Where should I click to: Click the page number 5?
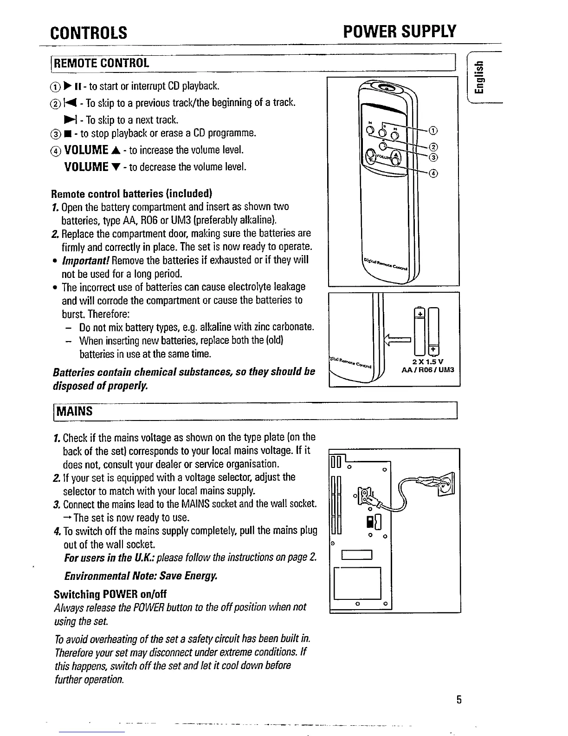coord(458,700)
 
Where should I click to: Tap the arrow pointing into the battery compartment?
coord(398,342)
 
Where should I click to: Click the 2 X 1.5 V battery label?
coord(428,362)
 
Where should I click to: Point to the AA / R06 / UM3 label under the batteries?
coord(428,370)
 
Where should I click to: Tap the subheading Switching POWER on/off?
coord(110,594)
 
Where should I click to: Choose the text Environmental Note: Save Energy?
coord(141,576)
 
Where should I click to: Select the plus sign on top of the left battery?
coord(420,314)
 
